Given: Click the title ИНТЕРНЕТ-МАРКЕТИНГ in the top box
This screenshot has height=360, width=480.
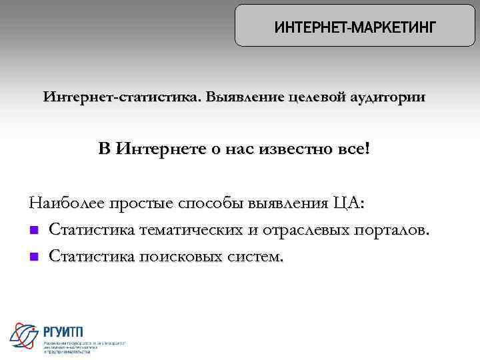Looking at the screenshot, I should point(355,27).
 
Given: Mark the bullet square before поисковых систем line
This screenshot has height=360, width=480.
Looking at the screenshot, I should point(33,256).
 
